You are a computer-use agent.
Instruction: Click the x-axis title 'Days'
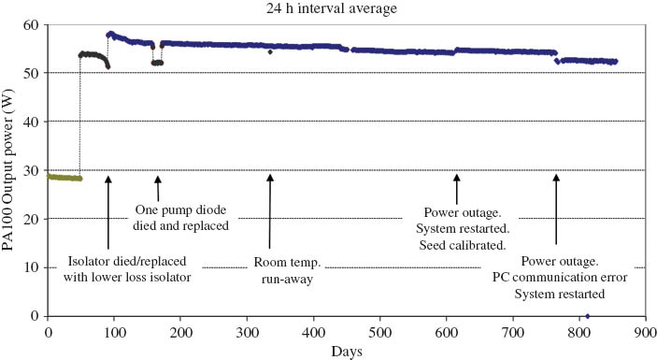click(x=345, y=352)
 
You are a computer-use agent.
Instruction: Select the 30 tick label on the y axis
click(x=34, y=170)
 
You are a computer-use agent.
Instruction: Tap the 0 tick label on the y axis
click(x=36, y=316)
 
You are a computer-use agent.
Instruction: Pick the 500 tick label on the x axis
click(x=379, y=330)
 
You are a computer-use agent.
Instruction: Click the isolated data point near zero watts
click(x=587, y=315)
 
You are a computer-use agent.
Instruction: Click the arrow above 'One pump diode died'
click(x=158, y=187)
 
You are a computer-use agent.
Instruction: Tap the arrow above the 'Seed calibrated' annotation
click(x=457, y=187)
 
